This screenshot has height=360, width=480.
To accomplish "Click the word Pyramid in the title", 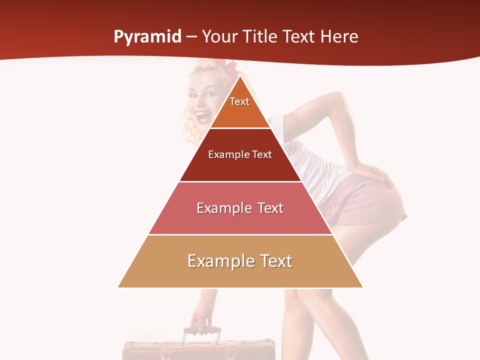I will pyautogui.click(x=147, y=37).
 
